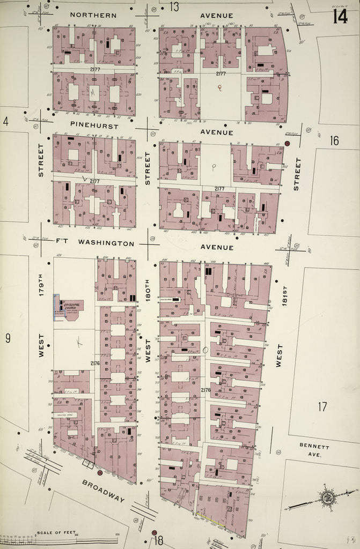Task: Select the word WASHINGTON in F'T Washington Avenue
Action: (x=106, y=243)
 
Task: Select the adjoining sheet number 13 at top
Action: (x=174, y=6)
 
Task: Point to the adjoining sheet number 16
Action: (x=334, y=140)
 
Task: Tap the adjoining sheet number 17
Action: (x=322, y=406)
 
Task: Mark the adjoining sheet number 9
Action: (x=8, y=338)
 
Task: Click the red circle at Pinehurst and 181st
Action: (x=287, y=144)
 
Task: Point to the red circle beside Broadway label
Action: (x=99, y=473)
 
